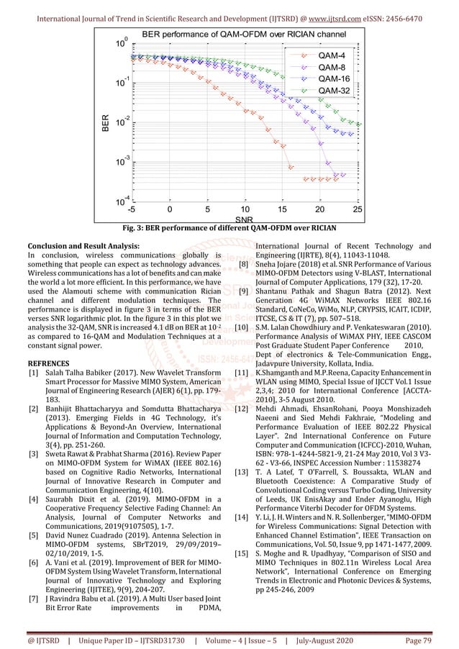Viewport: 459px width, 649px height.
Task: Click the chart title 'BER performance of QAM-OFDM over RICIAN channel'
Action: point(243,34)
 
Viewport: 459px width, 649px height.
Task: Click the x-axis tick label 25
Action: point(358,210)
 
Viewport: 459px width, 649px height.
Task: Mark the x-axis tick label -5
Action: point(131,210)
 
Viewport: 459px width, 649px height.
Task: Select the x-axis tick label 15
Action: point(282,210)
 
